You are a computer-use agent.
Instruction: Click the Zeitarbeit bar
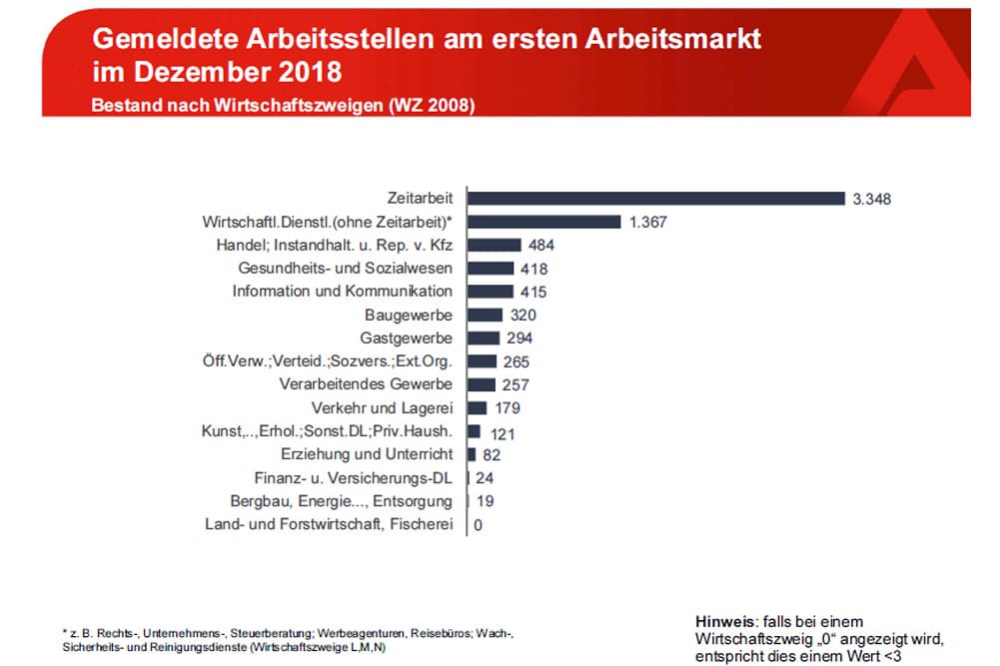(x=653, y=199)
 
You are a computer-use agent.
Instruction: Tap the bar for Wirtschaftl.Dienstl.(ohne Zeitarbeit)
(x=544, y=222)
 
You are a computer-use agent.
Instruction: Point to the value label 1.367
(x=647, y=222)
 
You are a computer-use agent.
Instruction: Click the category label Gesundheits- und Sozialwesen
(x=345, y=269)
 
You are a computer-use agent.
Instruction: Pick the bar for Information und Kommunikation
(x=491, y=292)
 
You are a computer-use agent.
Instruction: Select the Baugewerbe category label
(x=415, y=315)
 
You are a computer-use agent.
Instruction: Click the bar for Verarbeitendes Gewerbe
(x=482, y=384)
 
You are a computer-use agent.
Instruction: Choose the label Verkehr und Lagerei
(x=382, y=408)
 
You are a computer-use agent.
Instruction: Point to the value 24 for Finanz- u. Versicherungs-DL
(x=485, y=478)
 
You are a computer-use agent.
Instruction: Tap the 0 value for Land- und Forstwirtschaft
(x=479, y=525)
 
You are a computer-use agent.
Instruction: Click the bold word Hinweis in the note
(x=722, y=620)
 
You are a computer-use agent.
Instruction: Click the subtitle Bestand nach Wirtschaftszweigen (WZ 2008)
(x=283, y=105)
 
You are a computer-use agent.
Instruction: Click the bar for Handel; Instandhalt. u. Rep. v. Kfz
(x=495, y=245)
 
